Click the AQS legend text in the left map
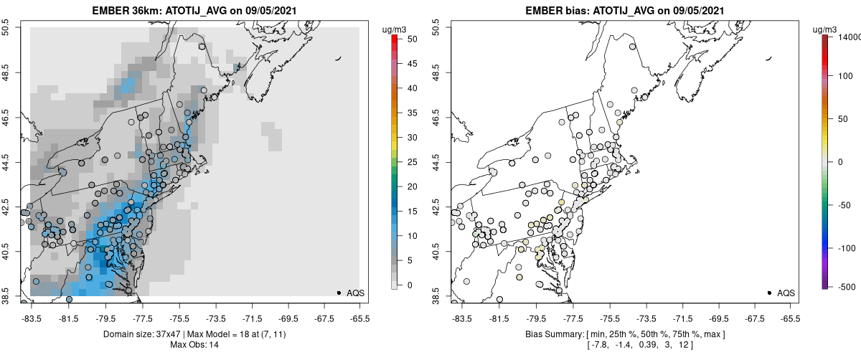(357, 293)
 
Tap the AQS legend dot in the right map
(768, 293)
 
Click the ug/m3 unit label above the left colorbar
(395, 29)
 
